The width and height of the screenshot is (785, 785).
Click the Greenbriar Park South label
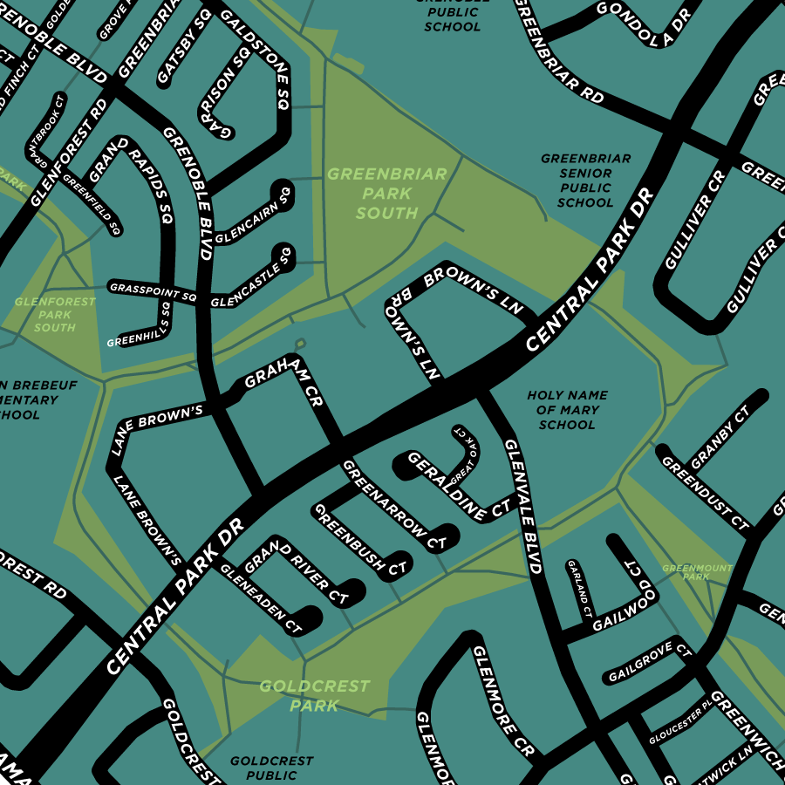pyautogui.click(x=386, y=194)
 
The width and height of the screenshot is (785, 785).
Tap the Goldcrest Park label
pyautogui.click(x=314, y=696)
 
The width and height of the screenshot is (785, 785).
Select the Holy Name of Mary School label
pyautogui.click(x=567, y=410)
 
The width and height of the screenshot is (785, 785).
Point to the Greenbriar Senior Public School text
pyautogui.click(x=585, y=181)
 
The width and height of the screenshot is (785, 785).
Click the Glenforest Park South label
pyautogui.click(x=44, y=314)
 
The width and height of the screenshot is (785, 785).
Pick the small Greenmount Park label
pyautogui.click(x=697, y=572)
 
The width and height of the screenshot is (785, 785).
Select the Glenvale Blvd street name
pyautogui.click(x=523, y=506)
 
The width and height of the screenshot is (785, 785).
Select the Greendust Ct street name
pyautogui.click(x=705, y=493)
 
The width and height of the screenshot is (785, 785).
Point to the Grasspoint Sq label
pyautogui.click(x=153, y=290)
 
